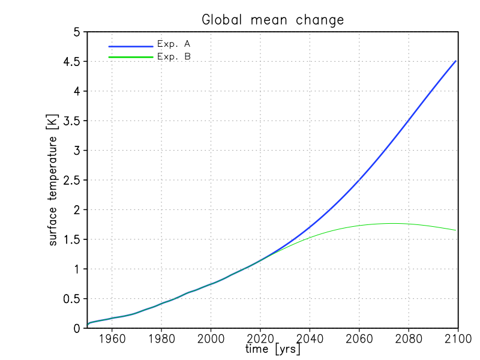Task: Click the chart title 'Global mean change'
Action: click(x=273, y=20)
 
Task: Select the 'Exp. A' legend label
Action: click(x=173, y=44)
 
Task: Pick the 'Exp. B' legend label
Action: click(x=173, y=56)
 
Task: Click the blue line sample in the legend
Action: click(x=131, y=46)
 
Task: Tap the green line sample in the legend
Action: click(x=131, y=58)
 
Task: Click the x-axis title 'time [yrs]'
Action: click(x=273, y=349)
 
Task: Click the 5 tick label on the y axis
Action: click(x=77, y=32)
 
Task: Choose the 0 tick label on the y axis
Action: click(x=77, y=328)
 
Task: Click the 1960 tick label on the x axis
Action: click(x=112, y=339)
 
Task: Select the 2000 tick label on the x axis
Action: click(x=211, y=339)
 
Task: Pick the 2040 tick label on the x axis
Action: click(x=310, y=339)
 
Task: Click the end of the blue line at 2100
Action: click(x=455, y=61)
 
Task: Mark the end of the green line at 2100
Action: click(x=455, y=230)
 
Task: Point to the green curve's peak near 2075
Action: click(x=393, y=223)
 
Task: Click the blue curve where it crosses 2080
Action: click(x=409, y=122)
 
